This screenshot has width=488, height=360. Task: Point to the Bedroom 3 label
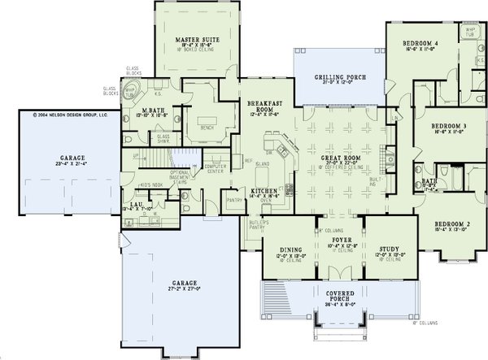coord(448,126)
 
